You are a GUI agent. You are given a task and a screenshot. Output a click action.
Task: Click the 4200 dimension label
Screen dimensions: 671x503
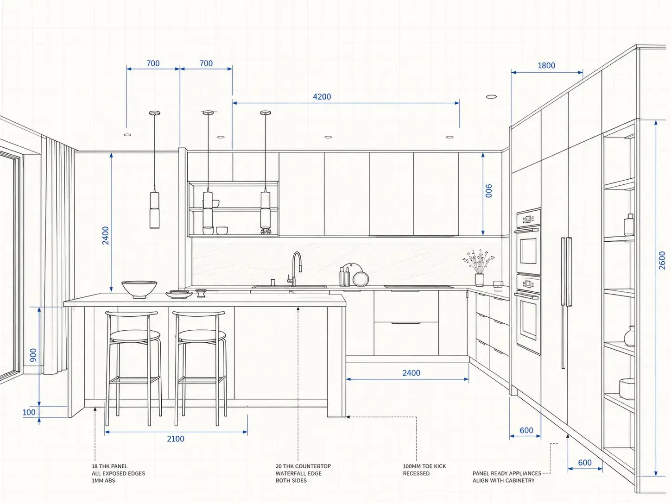click(x=322, y=97)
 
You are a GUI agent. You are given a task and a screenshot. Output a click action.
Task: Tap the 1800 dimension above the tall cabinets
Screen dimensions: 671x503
click(x=546, y=65)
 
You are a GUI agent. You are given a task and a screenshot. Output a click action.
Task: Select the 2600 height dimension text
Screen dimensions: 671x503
click(x=662, y=260)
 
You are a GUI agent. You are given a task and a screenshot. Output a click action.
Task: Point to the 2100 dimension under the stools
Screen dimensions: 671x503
click(x=176, y=439)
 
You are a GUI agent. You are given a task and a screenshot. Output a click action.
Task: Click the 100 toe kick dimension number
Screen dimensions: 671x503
click(x=29, y=412)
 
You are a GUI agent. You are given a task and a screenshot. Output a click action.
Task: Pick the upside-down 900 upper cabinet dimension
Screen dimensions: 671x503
click(x=489, y=190)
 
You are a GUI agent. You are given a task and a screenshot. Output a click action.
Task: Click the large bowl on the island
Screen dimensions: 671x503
click(x=139, y=289)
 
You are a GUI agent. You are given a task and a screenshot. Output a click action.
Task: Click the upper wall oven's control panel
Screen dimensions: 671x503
click(x=528, y=219)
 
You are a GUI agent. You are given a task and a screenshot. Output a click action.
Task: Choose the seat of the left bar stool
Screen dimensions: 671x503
click(x=135, y=336)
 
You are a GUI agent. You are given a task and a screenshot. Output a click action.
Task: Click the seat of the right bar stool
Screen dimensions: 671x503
click(x=202, y=336)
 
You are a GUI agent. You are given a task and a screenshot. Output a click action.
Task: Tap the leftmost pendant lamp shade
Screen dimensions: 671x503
click(x=154, y=210)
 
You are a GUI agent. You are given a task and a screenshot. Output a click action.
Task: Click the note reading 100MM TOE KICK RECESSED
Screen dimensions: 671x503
click(x=424, y=470)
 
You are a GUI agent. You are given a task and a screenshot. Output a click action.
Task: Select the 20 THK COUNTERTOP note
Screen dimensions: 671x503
click(x=303, y=473)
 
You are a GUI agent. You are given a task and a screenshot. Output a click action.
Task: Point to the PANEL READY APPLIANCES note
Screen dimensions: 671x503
click(x=507, y=477)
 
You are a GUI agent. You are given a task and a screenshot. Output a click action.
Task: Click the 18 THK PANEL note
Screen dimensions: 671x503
click(x=118, y=473)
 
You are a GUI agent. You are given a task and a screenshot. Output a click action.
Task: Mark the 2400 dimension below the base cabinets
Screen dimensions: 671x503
click(x=411, y=373)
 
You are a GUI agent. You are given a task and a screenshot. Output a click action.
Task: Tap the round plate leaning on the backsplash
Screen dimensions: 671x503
click(x=361, y=279)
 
